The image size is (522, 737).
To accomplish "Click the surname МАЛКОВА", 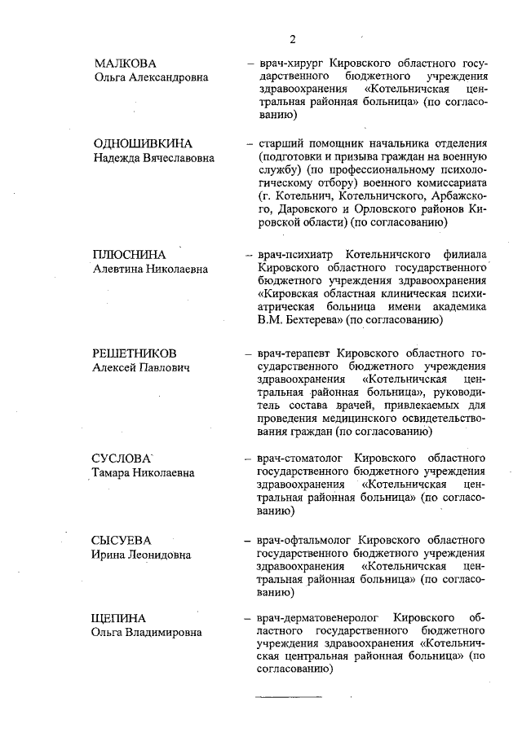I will tap(125, 63).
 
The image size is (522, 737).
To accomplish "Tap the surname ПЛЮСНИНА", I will tap(130, 254).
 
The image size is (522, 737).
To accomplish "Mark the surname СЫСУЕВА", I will tap(122, 541).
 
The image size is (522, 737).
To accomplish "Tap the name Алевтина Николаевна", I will tap(150, 269).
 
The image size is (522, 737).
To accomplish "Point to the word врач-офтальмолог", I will tap(305, 541).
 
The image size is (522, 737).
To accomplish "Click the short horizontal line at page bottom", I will tap(288, 696).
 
